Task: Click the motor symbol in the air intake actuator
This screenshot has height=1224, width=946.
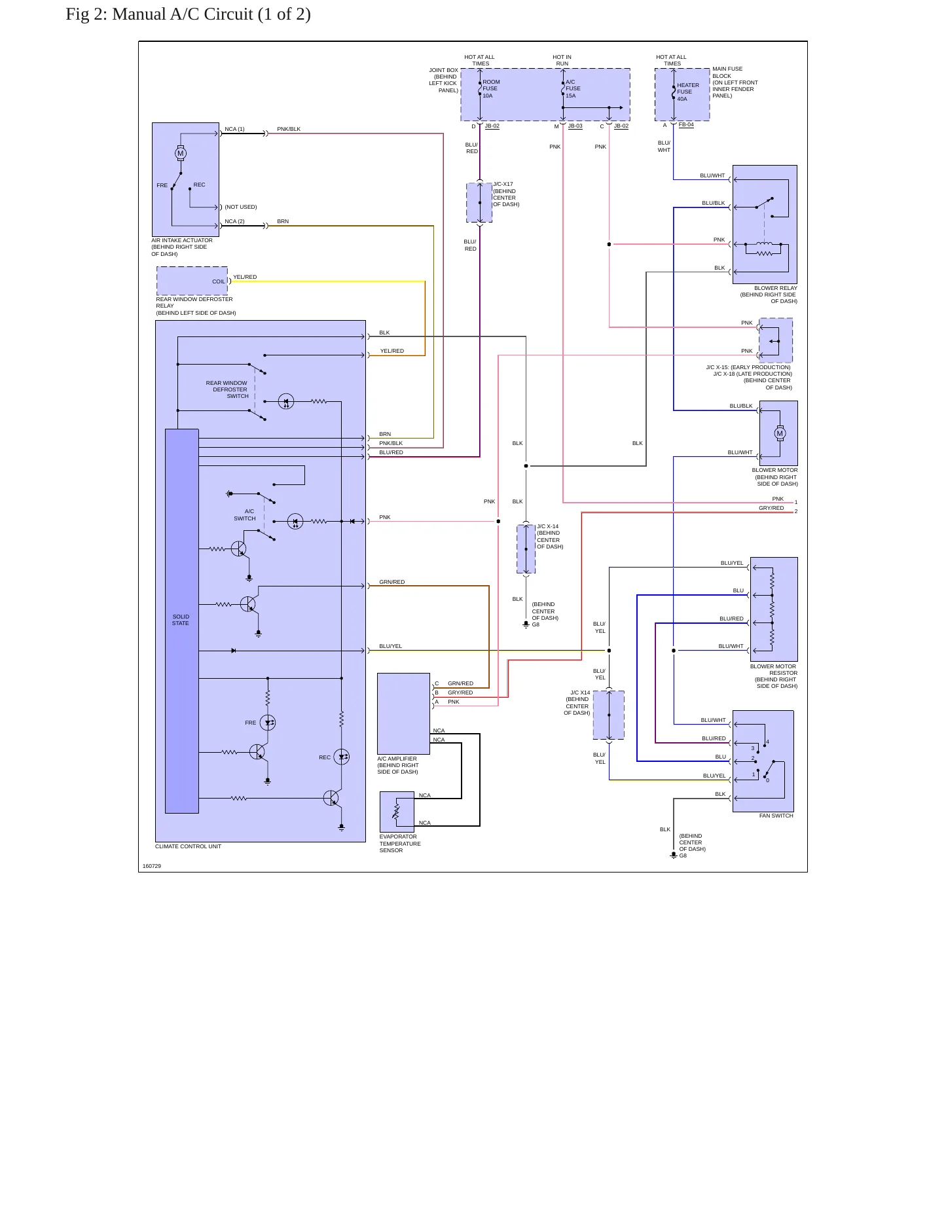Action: tap(181, 153)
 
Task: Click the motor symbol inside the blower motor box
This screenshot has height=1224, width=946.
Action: tap(780, 433)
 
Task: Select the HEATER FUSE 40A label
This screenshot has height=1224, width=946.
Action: tap(688, 92)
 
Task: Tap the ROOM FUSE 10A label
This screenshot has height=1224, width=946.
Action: tap(491, 89)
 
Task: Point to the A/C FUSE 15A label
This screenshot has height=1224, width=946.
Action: tap(573, 89)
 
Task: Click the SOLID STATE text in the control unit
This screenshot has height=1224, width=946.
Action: tap(181, 620)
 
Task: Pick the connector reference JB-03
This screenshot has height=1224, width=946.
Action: tap(575, 126)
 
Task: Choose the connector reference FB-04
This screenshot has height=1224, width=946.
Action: tap(686, 124)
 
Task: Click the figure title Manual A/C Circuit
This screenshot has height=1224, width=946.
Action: tap(188, 14)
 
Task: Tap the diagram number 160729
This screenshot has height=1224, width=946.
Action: tap(152, 866)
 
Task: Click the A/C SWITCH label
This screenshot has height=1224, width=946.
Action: tap(245, 515)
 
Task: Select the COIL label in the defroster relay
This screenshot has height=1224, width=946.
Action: tap(219, 281)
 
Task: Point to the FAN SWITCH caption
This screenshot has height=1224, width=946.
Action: tap(776, 816)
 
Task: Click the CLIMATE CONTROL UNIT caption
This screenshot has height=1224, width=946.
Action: tap(188, 846)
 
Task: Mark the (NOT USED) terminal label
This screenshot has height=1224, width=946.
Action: tap(241, 207)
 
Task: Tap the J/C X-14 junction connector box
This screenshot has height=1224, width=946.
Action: tap(526, 549)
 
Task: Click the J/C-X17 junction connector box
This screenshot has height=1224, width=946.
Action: tap(479, 203)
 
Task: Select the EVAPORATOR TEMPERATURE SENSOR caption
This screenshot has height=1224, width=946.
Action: tap(400, 844)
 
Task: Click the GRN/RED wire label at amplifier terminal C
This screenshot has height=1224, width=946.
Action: tap(460, 683)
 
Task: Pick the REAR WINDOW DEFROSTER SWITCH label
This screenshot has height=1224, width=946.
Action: tap(227, 389)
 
